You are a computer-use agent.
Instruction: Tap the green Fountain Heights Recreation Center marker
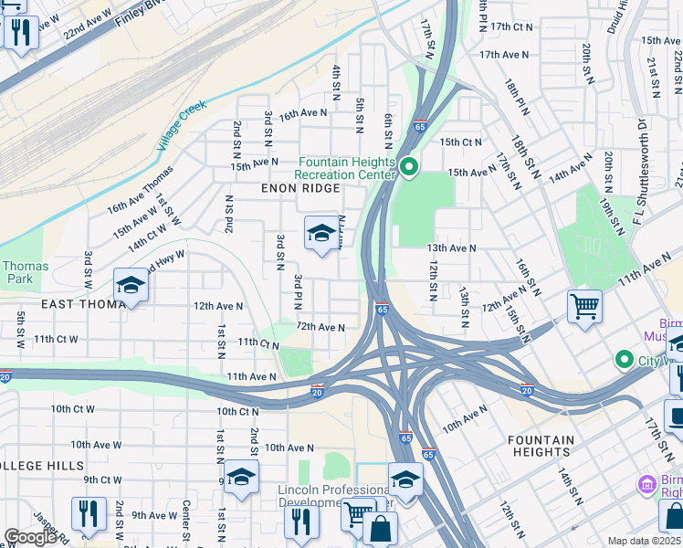click(x=410, y=166)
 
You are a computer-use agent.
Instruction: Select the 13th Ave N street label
click(x=452, y=248)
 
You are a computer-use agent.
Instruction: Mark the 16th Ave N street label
click(x=303, y=114)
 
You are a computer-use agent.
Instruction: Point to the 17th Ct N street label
click(x=510, y=27)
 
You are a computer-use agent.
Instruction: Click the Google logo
click(x=30, y=537)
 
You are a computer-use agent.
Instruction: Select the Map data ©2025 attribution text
click(x=644, y=542)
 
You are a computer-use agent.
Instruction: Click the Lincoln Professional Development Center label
click(x=335, y=497)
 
